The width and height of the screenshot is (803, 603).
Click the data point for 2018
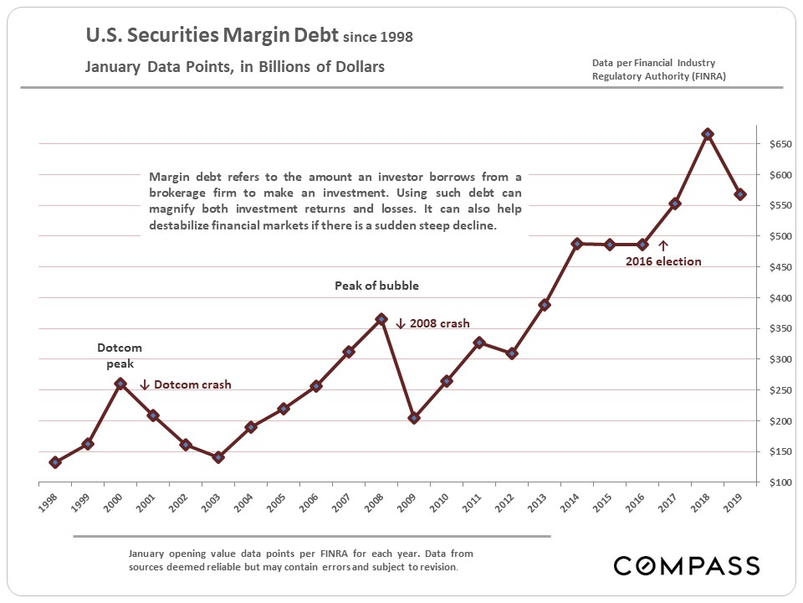[x=708, y=134]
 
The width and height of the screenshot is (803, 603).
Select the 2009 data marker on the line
[x=414, y=418]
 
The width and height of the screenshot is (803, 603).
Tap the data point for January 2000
[x=120, y=384]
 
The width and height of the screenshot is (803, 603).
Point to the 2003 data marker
[x=218, y=457]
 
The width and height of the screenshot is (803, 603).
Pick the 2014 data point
[x=577, y=244]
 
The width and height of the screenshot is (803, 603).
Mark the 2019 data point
[x=740, y=194]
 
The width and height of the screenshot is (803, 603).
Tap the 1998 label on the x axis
[x=49, y=503]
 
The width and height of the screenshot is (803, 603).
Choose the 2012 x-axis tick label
[x=505, y=503]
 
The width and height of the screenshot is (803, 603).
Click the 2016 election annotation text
[x=664, y=261]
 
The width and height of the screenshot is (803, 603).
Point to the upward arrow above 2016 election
[x=663, y=245]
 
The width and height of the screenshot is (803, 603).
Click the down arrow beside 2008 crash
[x=400, y=323]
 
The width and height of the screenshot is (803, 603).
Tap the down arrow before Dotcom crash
[x=145, y=384]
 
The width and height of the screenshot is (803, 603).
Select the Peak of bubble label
[x=376, y=286]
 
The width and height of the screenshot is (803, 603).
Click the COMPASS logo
[x=687, y=565]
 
